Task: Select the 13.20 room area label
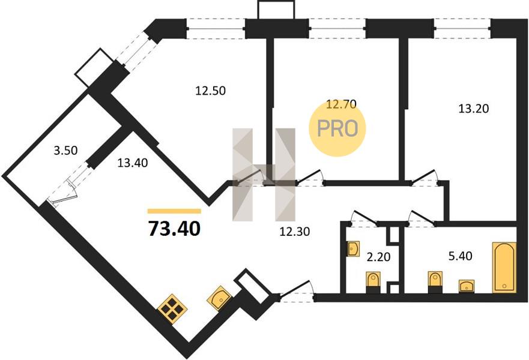[x=474, y=109]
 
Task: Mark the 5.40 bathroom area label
[x=459, y=257]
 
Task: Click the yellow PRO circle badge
[x=337, y=128]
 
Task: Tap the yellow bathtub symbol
[x=504, y=266]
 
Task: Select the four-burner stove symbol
[x=172, y=309]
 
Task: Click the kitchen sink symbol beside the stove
[x=219, y=298]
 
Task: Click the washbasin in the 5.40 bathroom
[x=467, y=286]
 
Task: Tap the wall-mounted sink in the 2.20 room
[x=353, y=248]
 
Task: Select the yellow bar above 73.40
[x=174, y=211]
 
